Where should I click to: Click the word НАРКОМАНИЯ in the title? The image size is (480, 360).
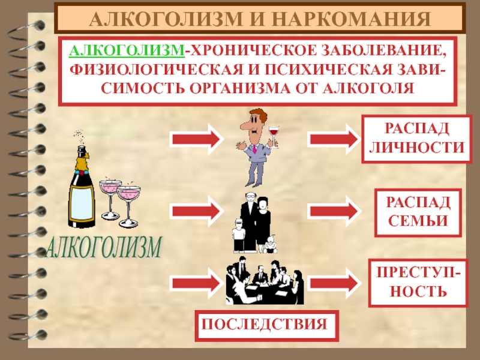355,20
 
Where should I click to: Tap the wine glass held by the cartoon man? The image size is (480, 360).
275,131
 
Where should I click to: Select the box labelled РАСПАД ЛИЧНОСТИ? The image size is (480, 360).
416,140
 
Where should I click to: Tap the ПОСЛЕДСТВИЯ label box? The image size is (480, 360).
265,324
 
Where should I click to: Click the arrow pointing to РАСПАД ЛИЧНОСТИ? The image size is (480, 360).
333,139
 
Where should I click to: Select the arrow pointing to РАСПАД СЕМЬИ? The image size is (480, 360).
333,211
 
